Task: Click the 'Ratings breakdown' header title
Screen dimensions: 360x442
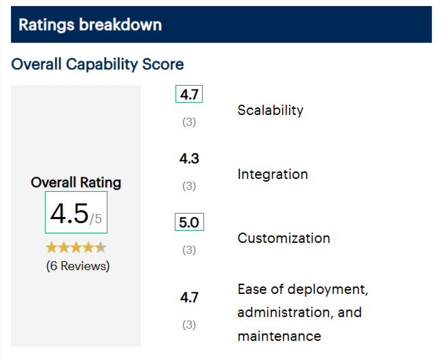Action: (90, 25)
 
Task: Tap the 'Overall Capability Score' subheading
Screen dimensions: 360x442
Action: (97, 65)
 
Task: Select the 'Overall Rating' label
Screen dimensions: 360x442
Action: (76, 182)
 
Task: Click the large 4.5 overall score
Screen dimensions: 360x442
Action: (69, 214)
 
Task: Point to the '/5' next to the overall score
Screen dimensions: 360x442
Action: (96, 218)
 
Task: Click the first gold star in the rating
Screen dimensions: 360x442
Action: (52, 247)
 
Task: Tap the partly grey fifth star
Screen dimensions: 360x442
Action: (100, 247)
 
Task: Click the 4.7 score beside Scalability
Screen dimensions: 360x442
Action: (189, 95)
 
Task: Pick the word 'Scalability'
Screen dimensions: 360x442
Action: (270, 110)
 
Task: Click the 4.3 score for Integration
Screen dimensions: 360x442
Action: (189, 159)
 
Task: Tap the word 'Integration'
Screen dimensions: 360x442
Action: (272, 174)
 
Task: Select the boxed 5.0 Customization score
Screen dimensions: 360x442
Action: (189, 223)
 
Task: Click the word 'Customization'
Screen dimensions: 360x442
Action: (284, 238)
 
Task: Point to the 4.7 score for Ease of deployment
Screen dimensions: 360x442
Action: (189, 297)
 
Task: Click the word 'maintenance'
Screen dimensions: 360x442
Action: (279, 336)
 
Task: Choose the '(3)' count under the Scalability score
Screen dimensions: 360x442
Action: (189, 122)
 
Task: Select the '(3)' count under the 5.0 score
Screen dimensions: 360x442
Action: (189, 250)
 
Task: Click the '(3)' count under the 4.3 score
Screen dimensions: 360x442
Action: (189, 186)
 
